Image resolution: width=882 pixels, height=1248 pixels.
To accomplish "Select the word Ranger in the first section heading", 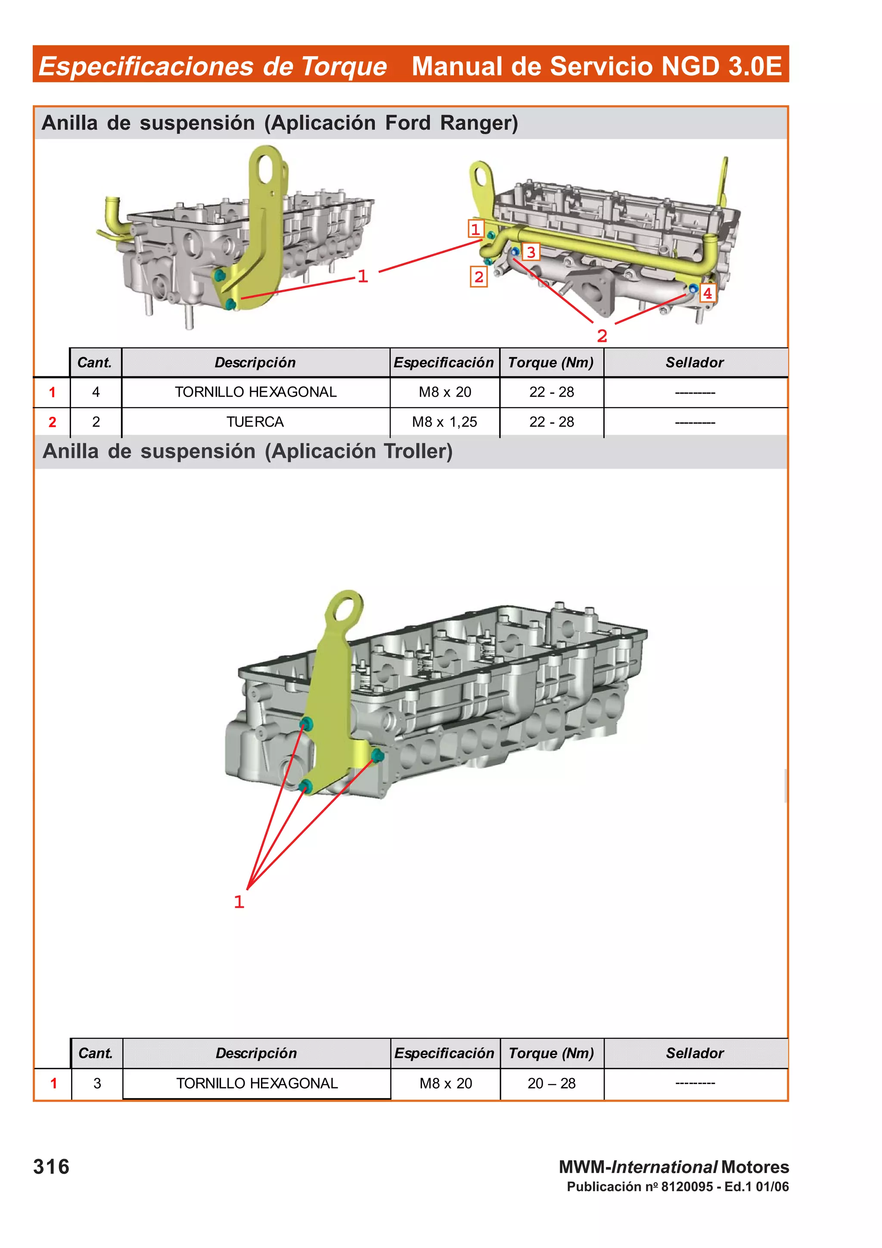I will pyautogui.click(x=478, y=123).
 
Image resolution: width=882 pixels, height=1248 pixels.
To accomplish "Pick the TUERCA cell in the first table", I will pyautogui.click(x=255, y=422).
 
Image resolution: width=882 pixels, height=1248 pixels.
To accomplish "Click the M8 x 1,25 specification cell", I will pyautogui.click(x=444, y=422).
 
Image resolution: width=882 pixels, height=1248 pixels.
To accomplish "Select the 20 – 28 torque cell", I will pyautogui.click(x=551, y=1083).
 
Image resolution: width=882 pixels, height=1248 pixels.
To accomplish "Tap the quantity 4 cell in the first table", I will pyautogui.click(x=96, y=392).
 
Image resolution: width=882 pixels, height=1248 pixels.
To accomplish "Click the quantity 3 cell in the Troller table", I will pyautogui.click(x=97, y=1083).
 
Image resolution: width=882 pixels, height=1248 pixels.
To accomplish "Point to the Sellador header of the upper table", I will pyautogui.click(x=695, y=363).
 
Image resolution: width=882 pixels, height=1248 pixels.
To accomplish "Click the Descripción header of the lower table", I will pyautogui.click(x=256, y=1053).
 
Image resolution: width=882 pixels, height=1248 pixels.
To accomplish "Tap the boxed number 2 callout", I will pyautogui.click(x=478, y=277).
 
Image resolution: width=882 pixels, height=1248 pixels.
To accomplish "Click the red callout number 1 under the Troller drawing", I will pyautogui.click(x=239, y=902).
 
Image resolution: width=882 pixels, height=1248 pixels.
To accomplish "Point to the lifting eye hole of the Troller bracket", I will pyautogui.click(x=347, y=610).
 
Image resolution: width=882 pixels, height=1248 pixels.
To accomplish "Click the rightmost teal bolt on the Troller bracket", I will pyautogui.click(x=377, y=755).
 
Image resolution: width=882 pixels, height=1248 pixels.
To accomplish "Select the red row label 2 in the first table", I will pyautogui.click(x=52, y=422).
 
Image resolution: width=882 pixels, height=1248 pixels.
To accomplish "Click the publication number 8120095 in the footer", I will pyautogui.click(x=686, y=1186).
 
